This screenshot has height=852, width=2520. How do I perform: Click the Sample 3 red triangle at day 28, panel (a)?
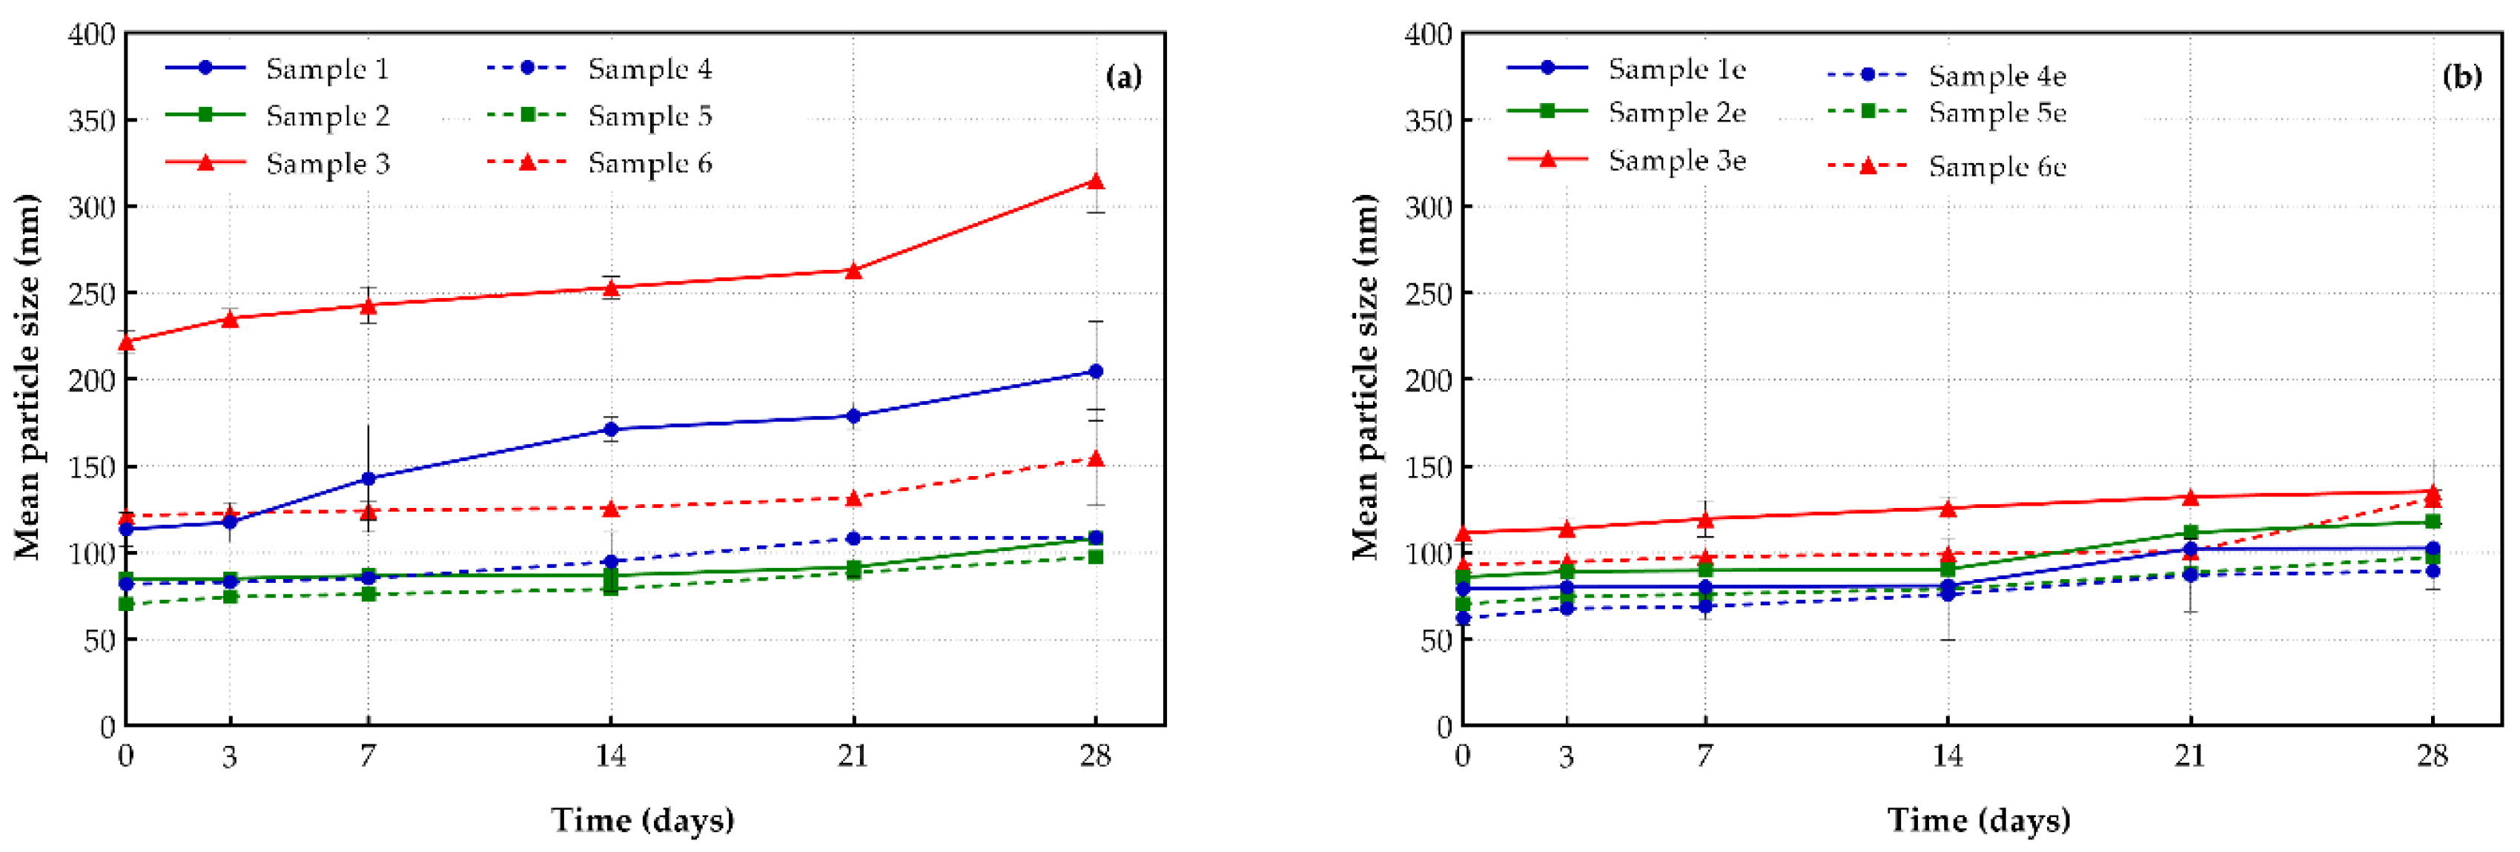[x=1096, y=182]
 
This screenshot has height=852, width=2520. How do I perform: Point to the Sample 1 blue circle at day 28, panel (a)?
[x=1096, y=371]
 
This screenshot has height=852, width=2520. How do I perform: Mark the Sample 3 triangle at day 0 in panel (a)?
[x=126, y=341]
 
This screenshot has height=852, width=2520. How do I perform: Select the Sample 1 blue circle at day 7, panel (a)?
[x=368, y=478]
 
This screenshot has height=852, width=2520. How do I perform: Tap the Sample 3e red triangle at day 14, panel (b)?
[x=1948, y=509]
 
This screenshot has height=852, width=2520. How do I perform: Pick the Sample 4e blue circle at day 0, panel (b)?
[x=1464, y=618]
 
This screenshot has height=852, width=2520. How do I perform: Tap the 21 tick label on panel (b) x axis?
[x=2189, y=756]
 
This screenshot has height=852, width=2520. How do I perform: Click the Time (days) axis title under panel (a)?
[x=643, y=819]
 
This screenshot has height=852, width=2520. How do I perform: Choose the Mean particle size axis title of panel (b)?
[x=1366, y=377]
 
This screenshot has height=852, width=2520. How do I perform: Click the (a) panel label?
[x=1123, y=76]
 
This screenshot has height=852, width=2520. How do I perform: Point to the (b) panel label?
[x=2461, y=76]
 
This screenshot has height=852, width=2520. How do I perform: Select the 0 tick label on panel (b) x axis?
[x=1463, y=756]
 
